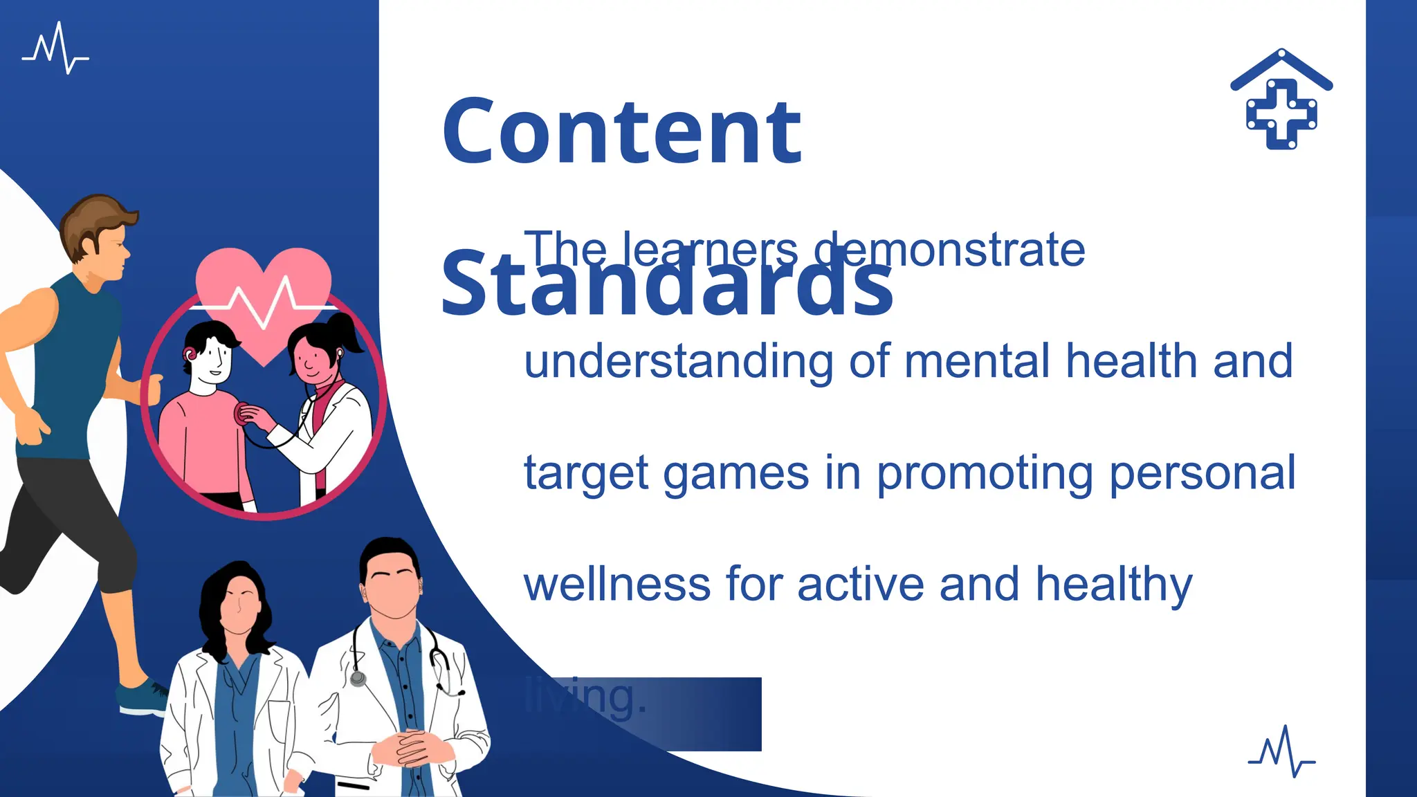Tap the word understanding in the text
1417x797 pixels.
click(x=678, y=362)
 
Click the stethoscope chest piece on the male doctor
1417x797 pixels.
click(x=358, y=679)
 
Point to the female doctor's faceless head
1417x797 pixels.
click(x=239, y=602)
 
